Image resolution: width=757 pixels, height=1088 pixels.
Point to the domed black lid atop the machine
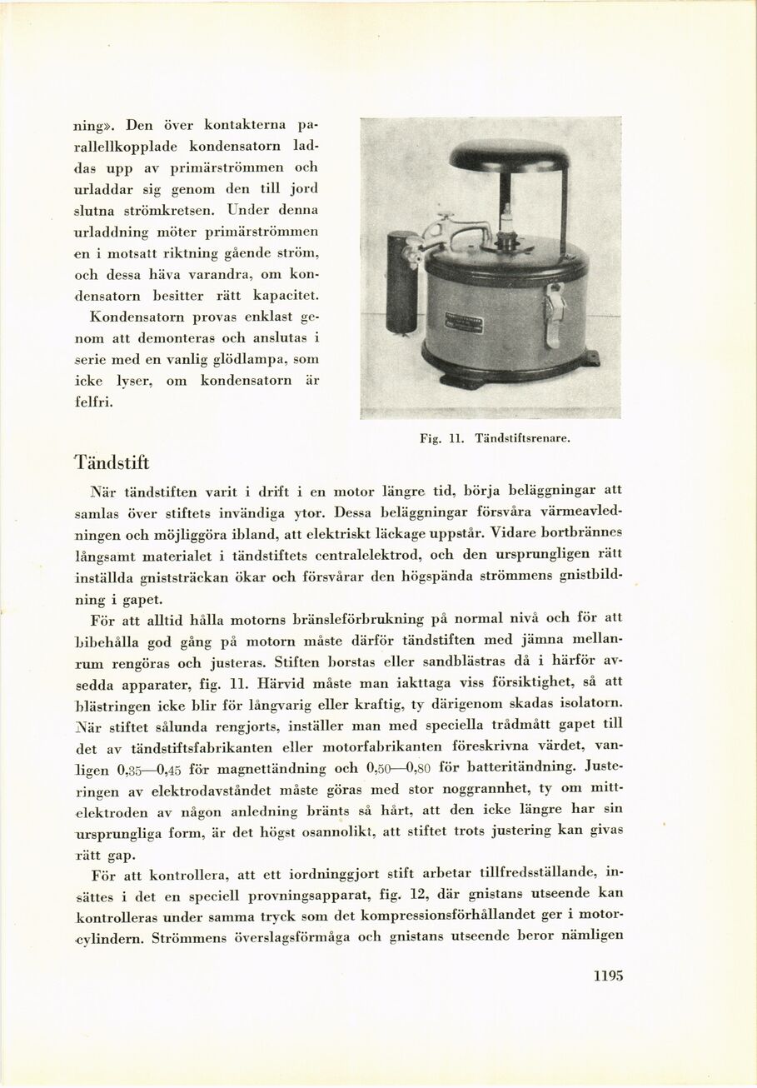(508, 156)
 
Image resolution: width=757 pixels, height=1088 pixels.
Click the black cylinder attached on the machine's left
(402, 283)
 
